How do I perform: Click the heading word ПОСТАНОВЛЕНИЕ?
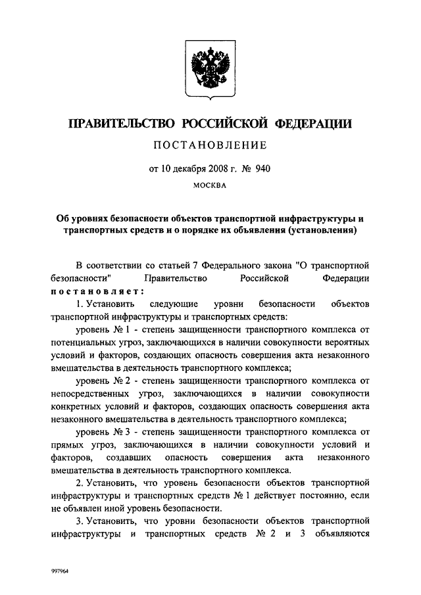pos(210,145)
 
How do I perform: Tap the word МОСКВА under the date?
pos(210,185)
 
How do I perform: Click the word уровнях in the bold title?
pos(97,218)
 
